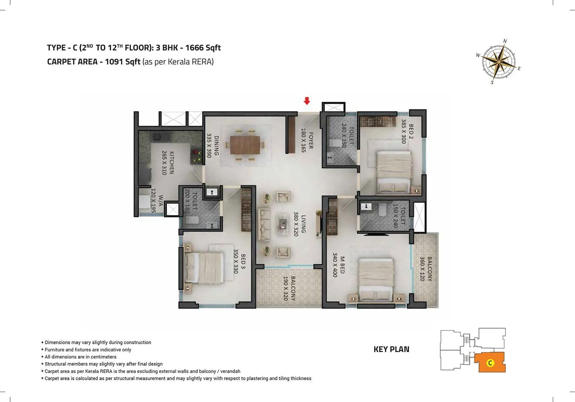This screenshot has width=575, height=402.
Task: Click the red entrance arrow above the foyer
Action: click(307, 101)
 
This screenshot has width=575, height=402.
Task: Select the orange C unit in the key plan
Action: click(490, 362)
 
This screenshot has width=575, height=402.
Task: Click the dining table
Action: click(245, 145)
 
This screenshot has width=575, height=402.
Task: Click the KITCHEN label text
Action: click(172, 163)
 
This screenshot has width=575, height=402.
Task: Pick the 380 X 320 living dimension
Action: click(296, 223)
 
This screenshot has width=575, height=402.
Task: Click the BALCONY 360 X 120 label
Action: click(426, 268)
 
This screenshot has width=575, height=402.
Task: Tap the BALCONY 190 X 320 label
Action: click(289, 288)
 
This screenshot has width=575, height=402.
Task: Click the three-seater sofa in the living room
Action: click(264, 225)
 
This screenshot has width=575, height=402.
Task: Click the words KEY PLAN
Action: click(391, 349)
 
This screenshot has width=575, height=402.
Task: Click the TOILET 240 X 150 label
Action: click(348, 135)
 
